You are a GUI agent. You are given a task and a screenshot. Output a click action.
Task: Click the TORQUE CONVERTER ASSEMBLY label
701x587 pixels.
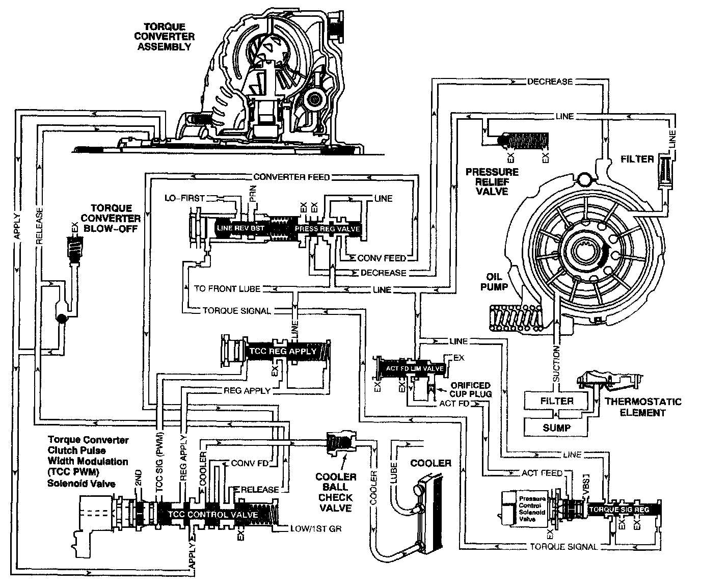(x=168, y=37)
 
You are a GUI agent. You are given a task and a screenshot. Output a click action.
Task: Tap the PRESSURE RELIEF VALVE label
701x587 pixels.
(x=493, y=181)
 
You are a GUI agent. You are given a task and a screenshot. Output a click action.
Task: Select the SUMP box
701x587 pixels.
(x=556, y=428)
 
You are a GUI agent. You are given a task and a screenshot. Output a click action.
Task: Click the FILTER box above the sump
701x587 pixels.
(x=556, y=401)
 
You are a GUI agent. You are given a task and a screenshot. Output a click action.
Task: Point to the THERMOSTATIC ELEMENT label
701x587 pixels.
(x=643, y=407)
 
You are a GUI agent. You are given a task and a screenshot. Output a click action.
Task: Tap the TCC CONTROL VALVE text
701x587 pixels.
(x=213, y=515)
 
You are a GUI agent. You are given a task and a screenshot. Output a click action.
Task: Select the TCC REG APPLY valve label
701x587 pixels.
(x=282, y=351)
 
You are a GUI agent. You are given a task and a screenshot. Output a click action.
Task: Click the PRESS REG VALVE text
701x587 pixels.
(x=327, y=229)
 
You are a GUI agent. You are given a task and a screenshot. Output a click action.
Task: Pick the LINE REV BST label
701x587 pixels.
(x=241, y=228)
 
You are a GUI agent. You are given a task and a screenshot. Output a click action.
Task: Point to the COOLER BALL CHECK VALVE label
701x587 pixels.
(x=336, y=492)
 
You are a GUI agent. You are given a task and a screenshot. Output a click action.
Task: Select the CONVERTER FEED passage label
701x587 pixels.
(x=291, y=177)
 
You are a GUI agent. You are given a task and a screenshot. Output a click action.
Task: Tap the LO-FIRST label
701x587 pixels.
(x=184, y=198)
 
